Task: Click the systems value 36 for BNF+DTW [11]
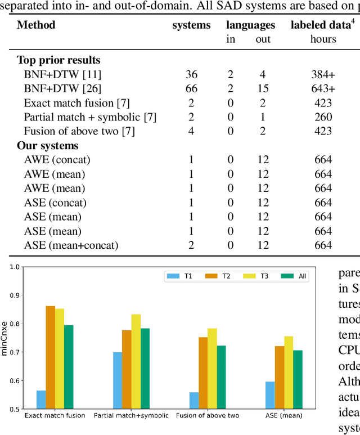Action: point(191,74)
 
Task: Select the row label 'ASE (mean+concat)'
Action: point(71,245)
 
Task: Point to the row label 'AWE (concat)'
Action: point(57,159)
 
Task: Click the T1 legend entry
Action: point(179,276)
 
